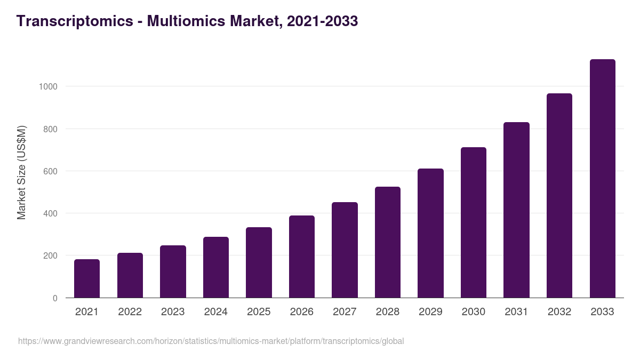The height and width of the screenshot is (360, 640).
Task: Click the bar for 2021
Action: point(87,278)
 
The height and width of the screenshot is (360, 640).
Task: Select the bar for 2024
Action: point(215,267)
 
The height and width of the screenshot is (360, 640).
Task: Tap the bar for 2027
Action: point(345,250)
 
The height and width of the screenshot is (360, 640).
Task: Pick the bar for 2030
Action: point(474,222)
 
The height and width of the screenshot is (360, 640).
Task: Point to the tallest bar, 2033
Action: point(602,178)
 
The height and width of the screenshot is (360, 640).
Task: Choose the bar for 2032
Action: point(559,195)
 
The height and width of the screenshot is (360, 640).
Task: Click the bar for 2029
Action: point(430,233)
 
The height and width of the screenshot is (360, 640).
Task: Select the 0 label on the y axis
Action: point(55,298)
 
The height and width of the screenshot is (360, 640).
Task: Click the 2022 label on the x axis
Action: point(130,312)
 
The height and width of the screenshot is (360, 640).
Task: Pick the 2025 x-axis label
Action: point(259,312)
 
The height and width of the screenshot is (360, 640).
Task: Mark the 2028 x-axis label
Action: point(388,312)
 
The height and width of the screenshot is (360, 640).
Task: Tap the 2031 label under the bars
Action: point(516,312)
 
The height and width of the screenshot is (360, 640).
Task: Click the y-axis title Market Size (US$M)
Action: point(21,172)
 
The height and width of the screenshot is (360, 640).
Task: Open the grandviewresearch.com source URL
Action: point(211,341)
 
